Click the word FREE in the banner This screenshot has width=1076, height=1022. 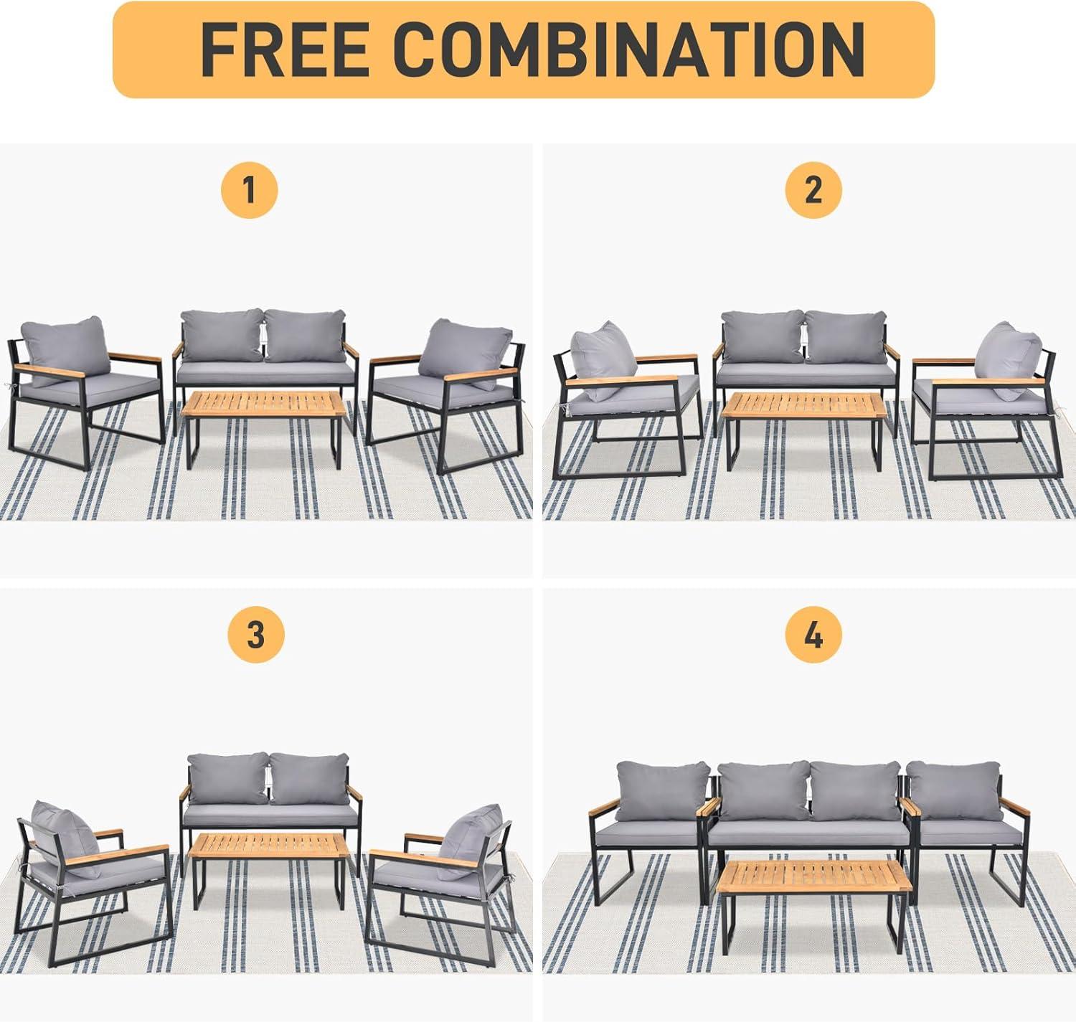point(284,49)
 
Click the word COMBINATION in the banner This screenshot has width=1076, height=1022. point(629,49)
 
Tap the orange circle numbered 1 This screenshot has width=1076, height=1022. point(249,190)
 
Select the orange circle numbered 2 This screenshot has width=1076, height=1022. point(813,190)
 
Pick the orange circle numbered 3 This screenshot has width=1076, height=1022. point(256,635)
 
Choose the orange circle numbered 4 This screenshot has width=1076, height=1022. point(813,635)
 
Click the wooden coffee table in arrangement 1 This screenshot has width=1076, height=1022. point(263,430)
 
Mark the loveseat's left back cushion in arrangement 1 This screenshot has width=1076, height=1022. point(222,336)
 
